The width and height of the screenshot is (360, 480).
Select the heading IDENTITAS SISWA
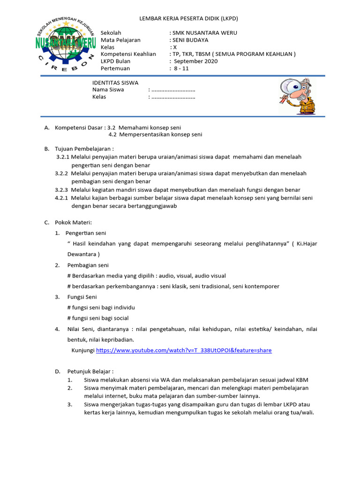pyautogui.click(x=115, y=82)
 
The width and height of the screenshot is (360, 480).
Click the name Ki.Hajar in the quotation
pyautogui.click(x=307, y=244)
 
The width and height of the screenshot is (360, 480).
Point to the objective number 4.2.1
pyautogui.click(x=62, y=198)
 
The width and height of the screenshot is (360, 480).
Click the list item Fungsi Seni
pyautogui.click(x=82, y=297)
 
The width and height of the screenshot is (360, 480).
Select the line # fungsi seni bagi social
pyautogui.click(x=98, y=318)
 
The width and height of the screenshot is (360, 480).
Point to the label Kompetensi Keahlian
pyautogui.click(x=128, y=54)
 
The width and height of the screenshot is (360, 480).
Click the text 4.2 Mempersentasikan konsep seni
pyautogui.click(x=155, y=135)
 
